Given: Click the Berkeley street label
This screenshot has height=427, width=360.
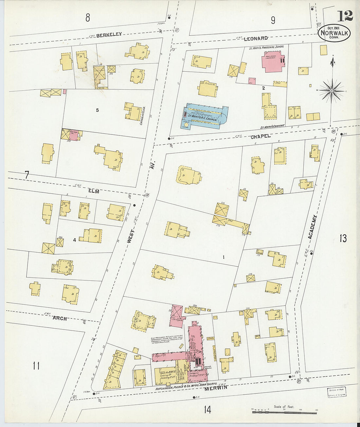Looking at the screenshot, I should tap(109, 34).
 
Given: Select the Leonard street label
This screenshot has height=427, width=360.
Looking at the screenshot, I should tap(256, 39).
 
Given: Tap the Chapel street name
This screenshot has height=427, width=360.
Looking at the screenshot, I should tap(261, 136).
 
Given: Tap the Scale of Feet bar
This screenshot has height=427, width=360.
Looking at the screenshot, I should tap(284, 413).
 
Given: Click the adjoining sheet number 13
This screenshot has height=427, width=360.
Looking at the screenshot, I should tap(343, 239).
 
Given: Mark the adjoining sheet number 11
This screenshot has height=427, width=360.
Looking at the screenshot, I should tap(36, 365).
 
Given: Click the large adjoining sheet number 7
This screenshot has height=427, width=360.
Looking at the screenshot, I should tap(27, 176).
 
